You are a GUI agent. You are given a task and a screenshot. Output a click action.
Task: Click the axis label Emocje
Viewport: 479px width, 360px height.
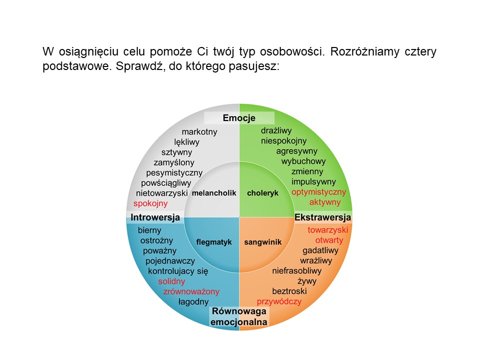239,118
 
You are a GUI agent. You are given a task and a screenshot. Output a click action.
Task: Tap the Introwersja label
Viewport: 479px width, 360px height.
155,217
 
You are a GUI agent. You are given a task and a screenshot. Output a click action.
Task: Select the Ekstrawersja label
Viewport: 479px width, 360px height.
323,217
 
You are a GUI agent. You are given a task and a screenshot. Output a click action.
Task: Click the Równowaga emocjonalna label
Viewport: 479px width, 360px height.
239,316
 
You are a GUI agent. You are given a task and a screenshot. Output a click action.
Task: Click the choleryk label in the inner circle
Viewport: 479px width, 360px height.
263,193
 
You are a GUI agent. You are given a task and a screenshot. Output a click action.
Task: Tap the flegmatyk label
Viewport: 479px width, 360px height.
214,242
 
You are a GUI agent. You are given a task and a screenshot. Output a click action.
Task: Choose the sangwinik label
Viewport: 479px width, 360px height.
263,242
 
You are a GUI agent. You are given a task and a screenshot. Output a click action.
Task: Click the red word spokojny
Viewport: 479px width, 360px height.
150,204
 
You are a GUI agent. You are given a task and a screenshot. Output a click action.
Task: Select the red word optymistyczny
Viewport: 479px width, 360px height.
319,192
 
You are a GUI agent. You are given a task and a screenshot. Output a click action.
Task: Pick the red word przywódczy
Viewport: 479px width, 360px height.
279,301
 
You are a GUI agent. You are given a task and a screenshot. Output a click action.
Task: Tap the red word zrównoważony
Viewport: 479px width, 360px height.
191,291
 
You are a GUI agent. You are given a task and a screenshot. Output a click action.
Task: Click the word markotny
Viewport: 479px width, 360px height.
200,132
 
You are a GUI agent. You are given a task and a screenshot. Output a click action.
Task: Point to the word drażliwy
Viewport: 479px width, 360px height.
276,130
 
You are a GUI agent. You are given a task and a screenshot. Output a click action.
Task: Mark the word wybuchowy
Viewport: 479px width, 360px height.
303,161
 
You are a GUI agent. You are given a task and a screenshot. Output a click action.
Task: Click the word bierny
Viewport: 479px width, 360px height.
150,230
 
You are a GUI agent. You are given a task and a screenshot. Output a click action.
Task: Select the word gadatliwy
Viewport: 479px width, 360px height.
320,250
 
